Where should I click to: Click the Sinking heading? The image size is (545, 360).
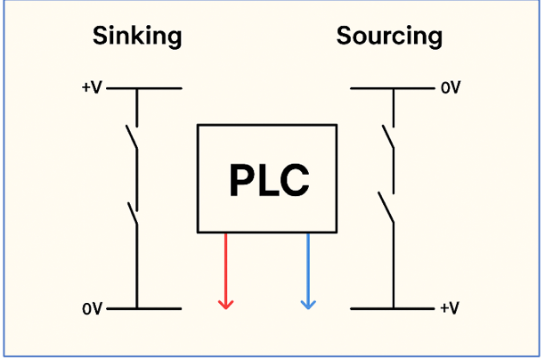pos(137,37)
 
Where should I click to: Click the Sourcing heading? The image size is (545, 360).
pos(389,37)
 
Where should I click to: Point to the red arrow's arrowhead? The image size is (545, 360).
pos(226,303)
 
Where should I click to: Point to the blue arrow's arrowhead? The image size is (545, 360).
pos(308,303)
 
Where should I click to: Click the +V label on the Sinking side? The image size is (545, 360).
pos(93,88)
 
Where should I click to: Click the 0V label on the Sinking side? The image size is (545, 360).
pos(93,309)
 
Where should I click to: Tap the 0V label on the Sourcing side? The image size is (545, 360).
pos(450,88)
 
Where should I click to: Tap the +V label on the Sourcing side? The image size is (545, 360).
pos(450,309)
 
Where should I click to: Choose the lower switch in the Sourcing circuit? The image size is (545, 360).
pos(389,209)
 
